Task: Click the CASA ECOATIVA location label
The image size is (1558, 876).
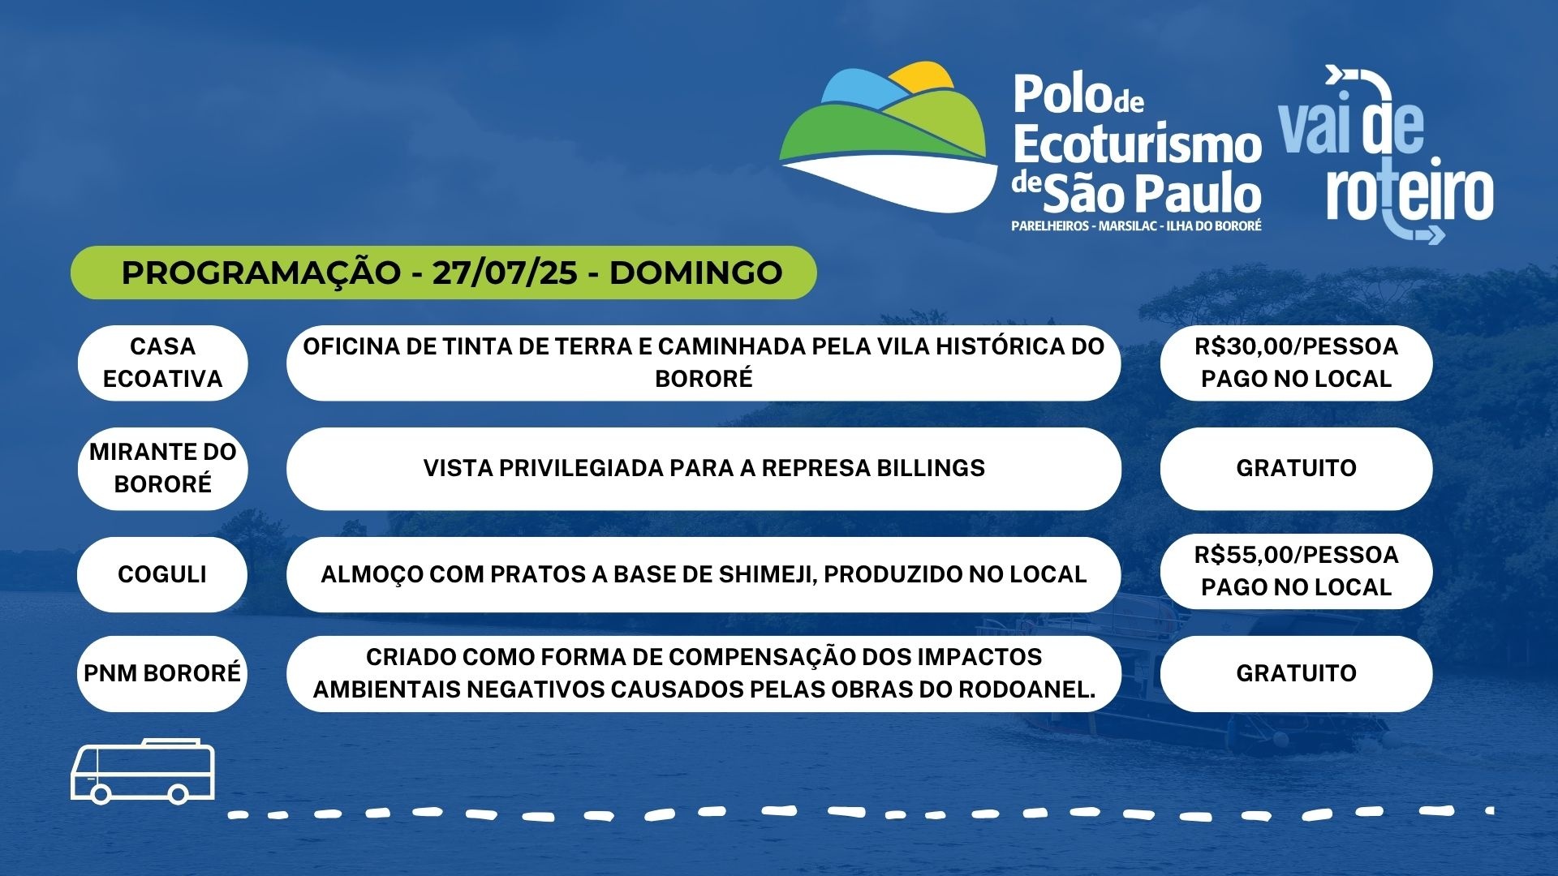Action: coord(162,363)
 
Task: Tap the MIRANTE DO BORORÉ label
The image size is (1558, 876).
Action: coord(162,468)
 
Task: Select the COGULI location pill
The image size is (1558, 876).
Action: coord(162,574)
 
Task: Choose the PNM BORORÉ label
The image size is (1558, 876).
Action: coord(162,673)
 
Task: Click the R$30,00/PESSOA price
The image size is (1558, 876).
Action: coord(1296,346)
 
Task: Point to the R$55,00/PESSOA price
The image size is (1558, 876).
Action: coord(1296,555)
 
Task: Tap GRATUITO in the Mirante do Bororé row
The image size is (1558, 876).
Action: coord(1296,468)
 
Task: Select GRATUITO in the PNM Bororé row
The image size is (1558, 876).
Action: coord(1296,673)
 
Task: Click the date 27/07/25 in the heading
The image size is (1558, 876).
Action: coord(505,273)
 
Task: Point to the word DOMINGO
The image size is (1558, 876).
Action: coord(695,273)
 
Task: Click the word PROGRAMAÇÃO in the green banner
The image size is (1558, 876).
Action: coord(261,273)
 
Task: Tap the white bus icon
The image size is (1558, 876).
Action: coord(143,771)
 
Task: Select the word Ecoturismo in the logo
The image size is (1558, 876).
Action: coord(1137,145)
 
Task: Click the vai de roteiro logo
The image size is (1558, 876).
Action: coord(1387,154)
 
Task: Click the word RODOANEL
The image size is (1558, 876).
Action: coord(1026,689)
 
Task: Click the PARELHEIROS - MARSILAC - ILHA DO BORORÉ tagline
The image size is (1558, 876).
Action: coord(1136,226)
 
